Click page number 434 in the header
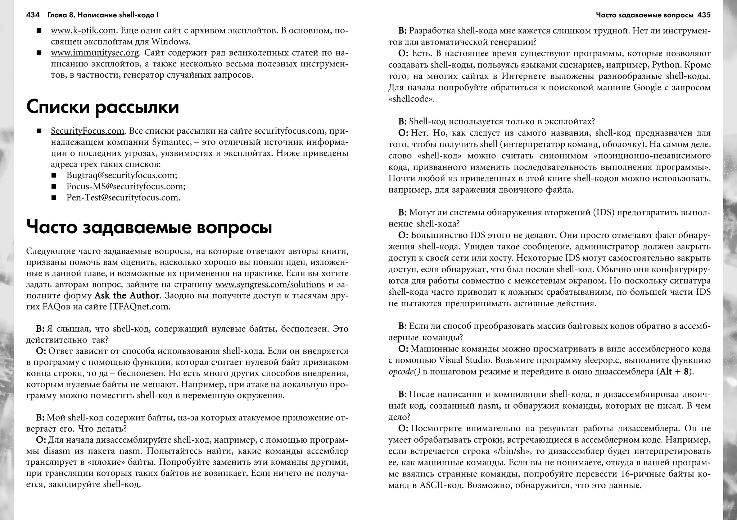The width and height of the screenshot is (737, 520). tap(33, 15)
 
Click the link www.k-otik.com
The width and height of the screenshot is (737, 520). tap(83, 31)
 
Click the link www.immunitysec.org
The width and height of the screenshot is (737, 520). tap(95, 53)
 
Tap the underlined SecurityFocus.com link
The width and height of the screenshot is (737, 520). tap(87, 131)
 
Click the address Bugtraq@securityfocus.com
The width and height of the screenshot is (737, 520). tap(122, 175)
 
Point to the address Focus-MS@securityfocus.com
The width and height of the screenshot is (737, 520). tap(126, 187)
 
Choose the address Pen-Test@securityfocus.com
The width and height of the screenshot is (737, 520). tap(123, 198)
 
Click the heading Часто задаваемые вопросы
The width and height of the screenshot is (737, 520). tap(149, 228)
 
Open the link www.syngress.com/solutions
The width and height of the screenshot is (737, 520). tap(270, 285)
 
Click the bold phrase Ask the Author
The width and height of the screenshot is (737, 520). tap(127, 296)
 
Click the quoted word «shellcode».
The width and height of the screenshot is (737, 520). tap(411, 99)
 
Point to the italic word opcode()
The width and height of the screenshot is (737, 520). tap(404, 372)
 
